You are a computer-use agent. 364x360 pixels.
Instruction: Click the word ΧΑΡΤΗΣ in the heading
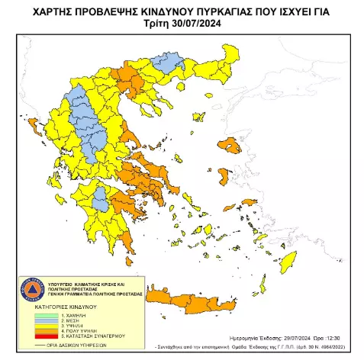coord(75,10)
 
